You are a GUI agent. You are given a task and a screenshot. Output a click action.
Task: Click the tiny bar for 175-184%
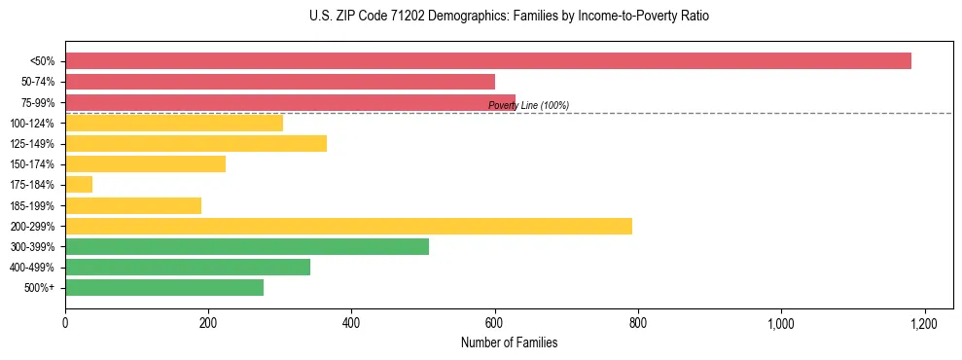[x=79, y=185]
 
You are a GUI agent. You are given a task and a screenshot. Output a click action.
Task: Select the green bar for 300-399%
[x=247, y=246]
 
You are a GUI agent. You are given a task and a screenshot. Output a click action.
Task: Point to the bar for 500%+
[x=164, y=288]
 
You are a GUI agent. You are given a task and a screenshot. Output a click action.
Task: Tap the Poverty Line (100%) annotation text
[x=528, y=105]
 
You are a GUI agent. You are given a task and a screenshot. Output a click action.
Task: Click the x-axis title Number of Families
[x=509, y=343]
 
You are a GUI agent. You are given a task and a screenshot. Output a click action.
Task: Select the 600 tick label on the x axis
[x=494, y=324]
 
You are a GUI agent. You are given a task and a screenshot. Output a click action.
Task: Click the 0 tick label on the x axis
[x=65, y=324]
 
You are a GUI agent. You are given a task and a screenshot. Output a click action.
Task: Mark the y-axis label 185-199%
[x=32, y=206]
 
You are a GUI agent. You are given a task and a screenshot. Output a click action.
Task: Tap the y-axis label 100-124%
[x=32, y=124]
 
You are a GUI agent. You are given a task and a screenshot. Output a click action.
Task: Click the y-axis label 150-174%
[x=32, y=164]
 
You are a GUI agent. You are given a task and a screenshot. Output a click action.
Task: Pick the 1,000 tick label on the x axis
[x=781, y=324]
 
